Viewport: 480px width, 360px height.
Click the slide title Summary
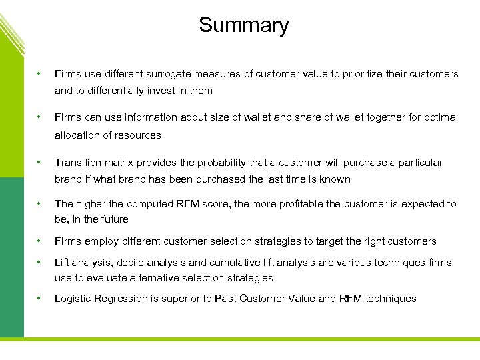[x=244, y=25]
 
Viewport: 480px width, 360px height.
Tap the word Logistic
[x=74, y=299]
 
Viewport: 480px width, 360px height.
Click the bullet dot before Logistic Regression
[x=41, y=299]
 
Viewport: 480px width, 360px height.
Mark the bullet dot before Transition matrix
[x=41, y=163]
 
